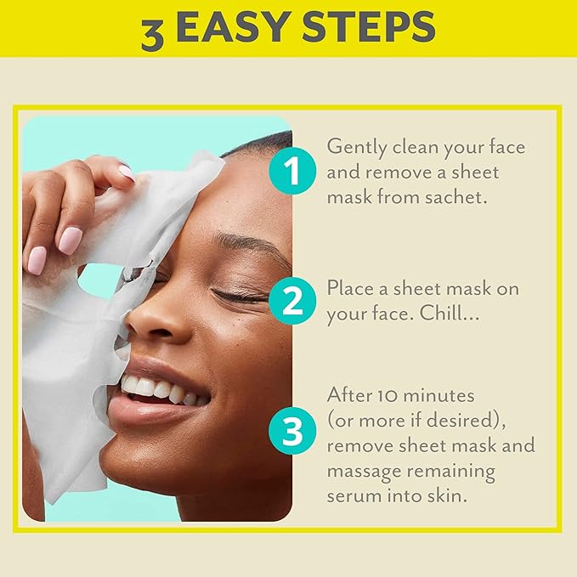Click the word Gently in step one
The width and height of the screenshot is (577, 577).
355,147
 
